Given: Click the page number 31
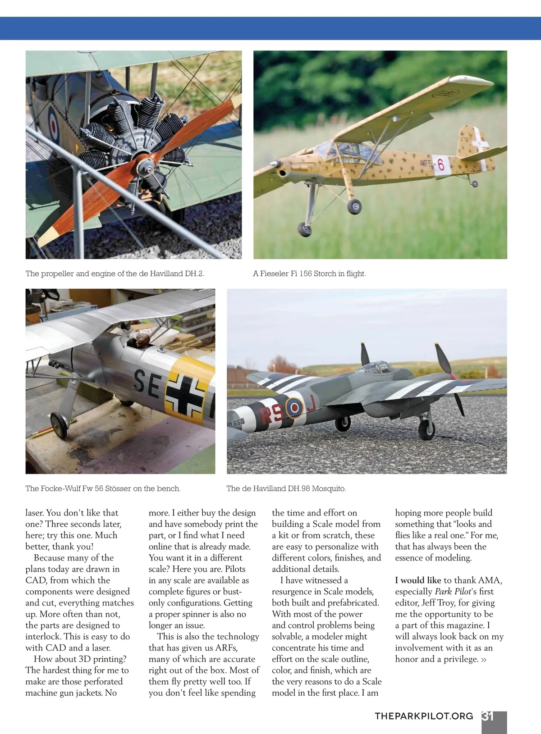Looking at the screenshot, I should point(488,716).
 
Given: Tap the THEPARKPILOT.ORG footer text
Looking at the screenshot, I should point(424,716).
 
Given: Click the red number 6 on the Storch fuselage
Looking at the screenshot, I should point(440,165).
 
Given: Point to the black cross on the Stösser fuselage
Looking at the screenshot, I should point(184,396).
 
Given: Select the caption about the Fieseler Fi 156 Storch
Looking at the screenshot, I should point(309,274).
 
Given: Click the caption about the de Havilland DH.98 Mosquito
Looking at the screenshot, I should point(286,488).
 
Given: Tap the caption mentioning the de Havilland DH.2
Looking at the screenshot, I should point(115,274).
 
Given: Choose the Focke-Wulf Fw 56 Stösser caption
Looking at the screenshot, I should point(103,488).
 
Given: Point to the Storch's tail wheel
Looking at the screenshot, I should point(474,183).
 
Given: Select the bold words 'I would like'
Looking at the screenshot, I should point(418,580).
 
